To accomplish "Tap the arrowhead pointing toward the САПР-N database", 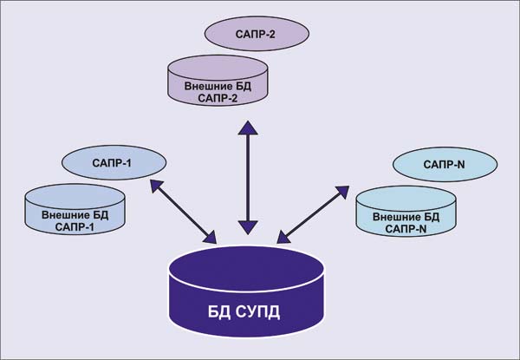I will pyautogui.click(x=341, y=188).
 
